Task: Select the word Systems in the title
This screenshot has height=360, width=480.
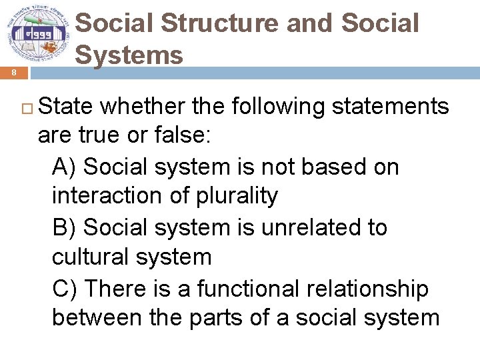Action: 129,54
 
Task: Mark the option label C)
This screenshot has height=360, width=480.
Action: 65,289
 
